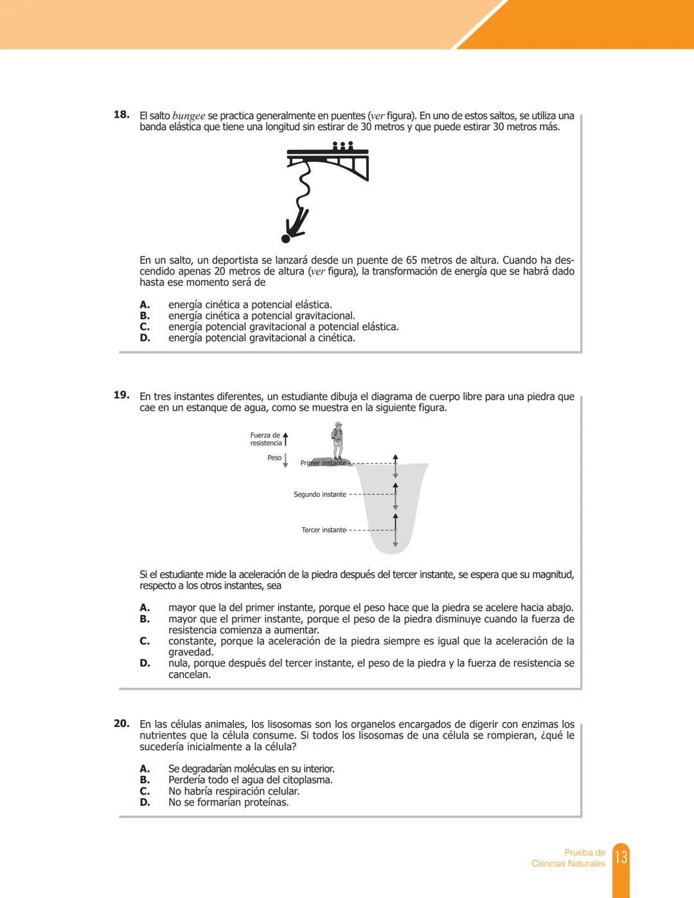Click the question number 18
click(x=121, y=115)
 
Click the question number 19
click(x=121, y=395)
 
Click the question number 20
click(x=121, y=724)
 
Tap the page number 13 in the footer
click(x=621, y=857)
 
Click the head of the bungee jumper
click(x=286, y=238)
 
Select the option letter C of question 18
click(x=145, y=327)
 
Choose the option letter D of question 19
click(x=145, y=663)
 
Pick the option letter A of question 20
click(x=145, y=769)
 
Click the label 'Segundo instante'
click(x=319, y=494)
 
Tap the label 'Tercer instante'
click(x=323, y=530)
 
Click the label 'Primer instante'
click(x=323, y=463)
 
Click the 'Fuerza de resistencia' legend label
click(x=265, y=439)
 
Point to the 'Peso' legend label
click(x=274, y=458)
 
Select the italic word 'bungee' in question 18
click(x=188, y=116)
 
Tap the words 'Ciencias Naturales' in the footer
click(x=568, y=863)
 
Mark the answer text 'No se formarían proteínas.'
click(x=228, y=802)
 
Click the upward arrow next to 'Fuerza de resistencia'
click(x=286, y=439)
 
